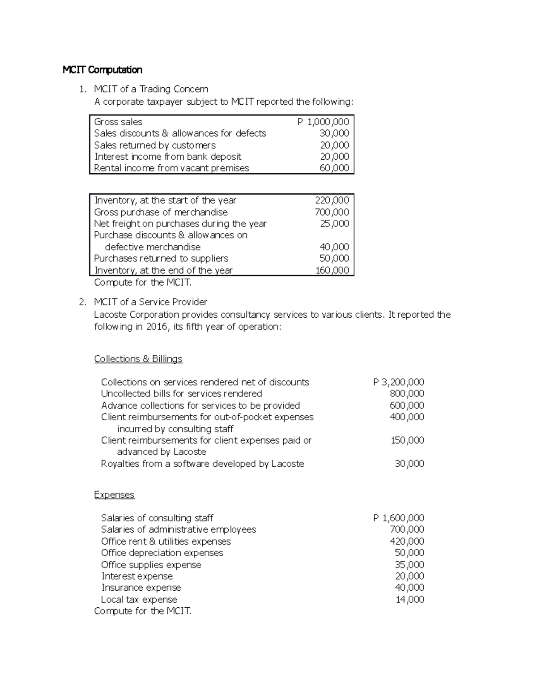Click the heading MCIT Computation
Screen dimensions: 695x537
click(x=102, y=70)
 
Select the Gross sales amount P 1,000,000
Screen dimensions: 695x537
click(x=323, y=122)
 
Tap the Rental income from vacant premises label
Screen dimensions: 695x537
click(x=171, y=168)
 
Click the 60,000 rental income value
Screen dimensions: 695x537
click(x=334, y=168)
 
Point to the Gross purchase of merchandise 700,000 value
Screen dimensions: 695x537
click(x=332, y=212)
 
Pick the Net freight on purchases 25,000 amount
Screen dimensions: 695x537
click(x=334, y=224)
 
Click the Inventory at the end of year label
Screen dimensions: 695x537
click(x=163, y=270)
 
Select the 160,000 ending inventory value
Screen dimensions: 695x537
click(x=332, y=270)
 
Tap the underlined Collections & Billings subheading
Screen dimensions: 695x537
click(x=138, y=359)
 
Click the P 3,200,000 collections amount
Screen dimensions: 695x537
click(x=399, y=382)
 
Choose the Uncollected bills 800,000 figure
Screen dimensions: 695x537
click(x=407, y=394)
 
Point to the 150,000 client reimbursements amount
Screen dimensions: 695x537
click(x=407, y=440)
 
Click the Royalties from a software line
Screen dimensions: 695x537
click(x=202, y=464)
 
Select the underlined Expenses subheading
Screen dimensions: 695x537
click(x=114, y=495)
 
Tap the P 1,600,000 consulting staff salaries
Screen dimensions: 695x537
click(x=399, y=518)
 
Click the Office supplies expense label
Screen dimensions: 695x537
click(x=151, y=565)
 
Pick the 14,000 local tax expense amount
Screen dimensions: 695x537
click(x=410, y=600)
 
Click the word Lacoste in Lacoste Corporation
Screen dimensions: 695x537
click(x=111, y=315)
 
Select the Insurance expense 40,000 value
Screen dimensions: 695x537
click(x=409, y=588)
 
